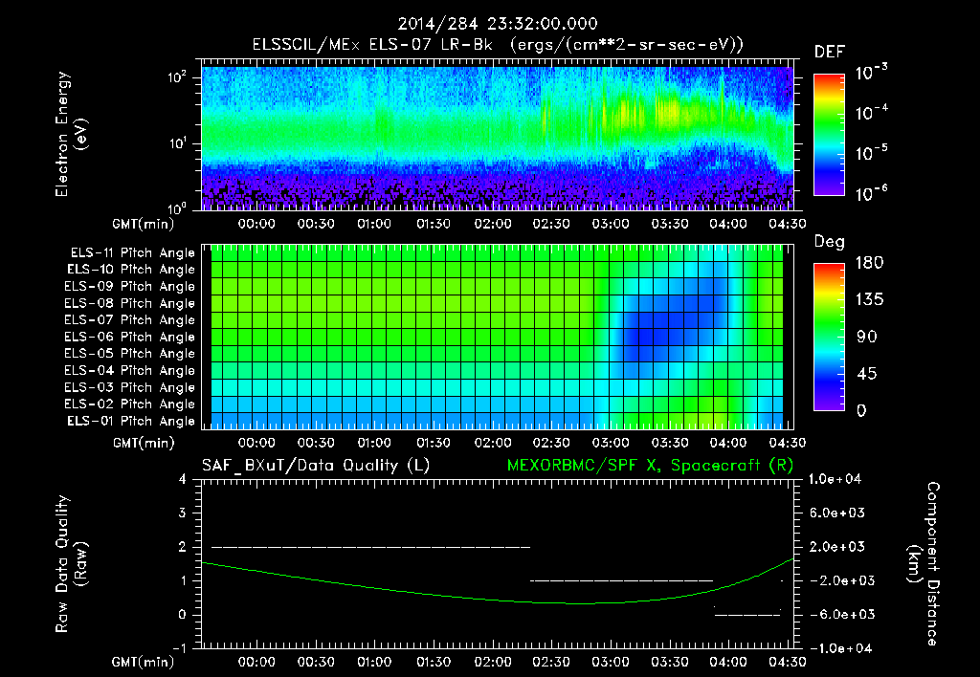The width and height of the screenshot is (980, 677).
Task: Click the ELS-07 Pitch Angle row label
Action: coord(129,320)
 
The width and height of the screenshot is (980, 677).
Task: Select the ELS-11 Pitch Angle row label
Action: coord(129,253)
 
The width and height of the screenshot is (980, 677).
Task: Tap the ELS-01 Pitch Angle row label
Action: coord(129,421)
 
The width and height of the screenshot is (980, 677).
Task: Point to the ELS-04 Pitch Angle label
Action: coord(129,371)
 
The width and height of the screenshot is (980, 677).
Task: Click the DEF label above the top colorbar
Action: coord(829,52)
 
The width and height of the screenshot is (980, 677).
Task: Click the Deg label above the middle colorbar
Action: coord(829,242)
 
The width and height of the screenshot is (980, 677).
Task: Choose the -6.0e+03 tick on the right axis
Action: coord(838,614)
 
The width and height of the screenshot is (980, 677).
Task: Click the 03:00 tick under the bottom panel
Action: coord(611,662)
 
